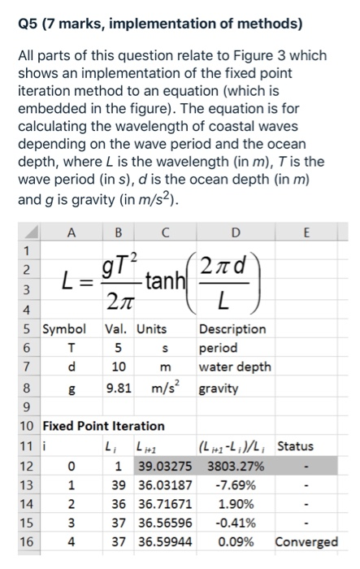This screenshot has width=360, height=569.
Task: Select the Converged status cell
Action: (307, 541)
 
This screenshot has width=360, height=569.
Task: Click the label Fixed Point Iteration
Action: (103, 426)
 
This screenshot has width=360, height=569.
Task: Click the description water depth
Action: (235, 367)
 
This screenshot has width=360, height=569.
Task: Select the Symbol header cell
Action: (64, 328)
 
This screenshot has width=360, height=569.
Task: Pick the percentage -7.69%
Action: (236, 485)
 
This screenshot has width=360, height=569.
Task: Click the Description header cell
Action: (232, 328)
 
